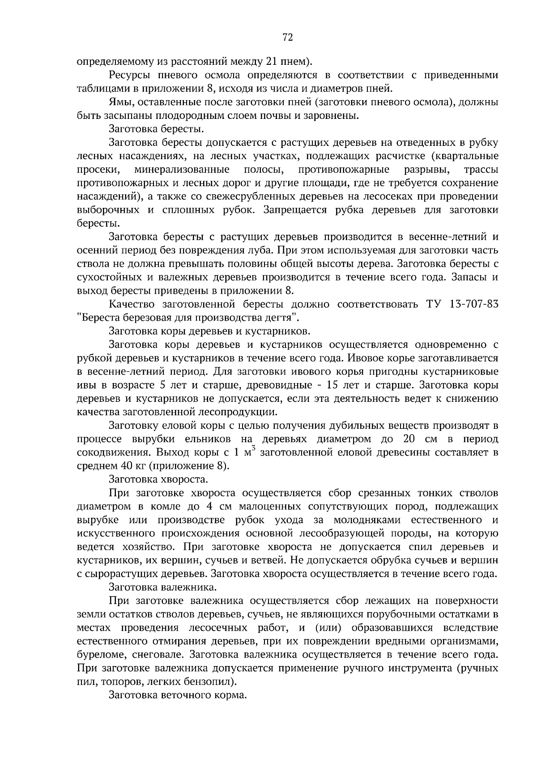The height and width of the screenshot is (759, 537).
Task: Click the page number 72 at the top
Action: [288, 38]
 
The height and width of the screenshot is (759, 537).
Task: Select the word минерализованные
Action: [182, 170]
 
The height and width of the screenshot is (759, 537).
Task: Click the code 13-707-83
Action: [473, 304]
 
